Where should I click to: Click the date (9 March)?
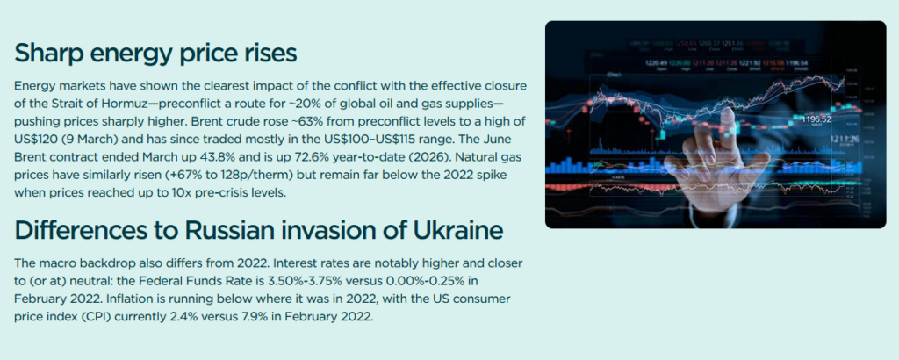pos(88,140)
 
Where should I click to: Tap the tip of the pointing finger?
pos(728,112)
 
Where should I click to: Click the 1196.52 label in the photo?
pos(817,119)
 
